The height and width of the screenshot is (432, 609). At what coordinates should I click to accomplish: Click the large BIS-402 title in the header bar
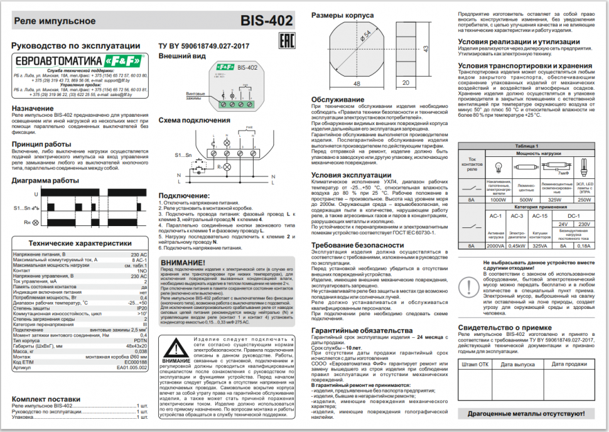pyautogui.click(x=266, y=21)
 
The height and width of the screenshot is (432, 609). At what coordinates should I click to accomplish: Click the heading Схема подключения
pyautogui.click(x=194, y=120)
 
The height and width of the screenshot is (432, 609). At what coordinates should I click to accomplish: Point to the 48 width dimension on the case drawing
pyautogui.click(x=357, y=83)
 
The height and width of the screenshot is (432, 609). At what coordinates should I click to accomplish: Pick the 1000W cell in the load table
pyautogui.click(x=498, y=200)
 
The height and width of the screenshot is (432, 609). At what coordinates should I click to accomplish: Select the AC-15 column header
pyautogui.click(x=539, y=215)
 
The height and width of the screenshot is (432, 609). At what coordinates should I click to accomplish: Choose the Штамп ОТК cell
pyautogui.click(x=475, y=364)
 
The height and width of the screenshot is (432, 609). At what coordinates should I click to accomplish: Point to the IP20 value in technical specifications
pyautogui.click(x=143, y=308)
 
